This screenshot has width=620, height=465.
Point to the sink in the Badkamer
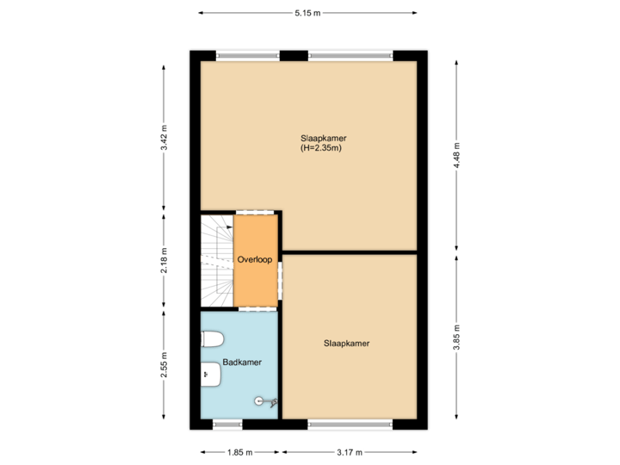click(x=210, y=373)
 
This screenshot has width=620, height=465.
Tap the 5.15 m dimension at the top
click(x=307, y=13)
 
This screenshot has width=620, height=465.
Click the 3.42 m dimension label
click(x=164, y=139)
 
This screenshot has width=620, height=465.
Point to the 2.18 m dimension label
click(x=164, y=259)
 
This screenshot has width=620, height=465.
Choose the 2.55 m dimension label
click(x=164, y=363)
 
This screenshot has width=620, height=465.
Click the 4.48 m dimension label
click(x=457, y=156)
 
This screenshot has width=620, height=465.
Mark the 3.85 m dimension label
click(x=457, y=337)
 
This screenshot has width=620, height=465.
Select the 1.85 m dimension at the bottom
click(x=240, y=452)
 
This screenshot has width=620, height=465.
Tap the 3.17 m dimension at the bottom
click(x=350, y=452)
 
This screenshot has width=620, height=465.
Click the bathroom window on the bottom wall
click(x=227, y=424)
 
